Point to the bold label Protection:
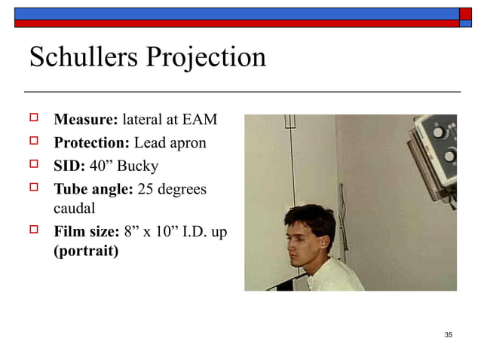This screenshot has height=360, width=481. coord(92,143)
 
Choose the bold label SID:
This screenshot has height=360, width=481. coord(69,166)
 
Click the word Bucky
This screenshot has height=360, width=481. coord(136,166)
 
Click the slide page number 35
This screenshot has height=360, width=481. coord(449,334)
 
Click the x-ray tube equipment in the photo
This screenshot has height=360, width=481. coord(436,147)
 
